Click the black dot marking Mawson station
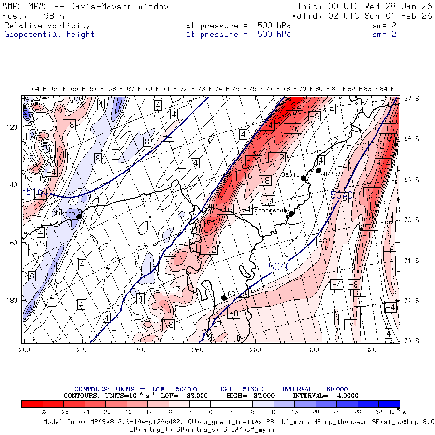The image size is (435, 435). tap(79, 216)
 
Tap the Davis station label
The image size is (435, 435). tap(290, 175)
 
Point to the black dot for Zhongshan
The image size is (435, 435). tap(291, 213)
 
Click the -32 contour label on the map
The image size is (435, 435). tap(294, 105)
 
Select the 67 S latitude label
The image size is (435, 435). tap(411, 98)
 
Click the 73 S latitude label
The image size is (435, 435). tap(411, 341)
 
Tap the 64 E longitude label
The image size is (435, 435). tap(39, 89)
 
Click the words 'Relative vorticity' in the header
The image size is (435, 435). tap(47, 26)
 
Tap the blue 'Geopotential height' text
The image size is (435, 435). tap(49, 34)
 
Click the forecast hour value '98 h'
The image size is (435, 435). tap(54, 16)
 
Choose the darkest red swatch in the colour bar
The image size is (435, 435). tap(32, 404)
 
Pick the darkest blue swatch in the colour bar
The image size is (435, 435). tap(389, 404)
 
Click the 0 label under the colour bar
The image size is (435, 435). tap(211, 412)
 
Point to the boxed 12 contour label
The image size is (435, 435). tap(50, 267)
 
